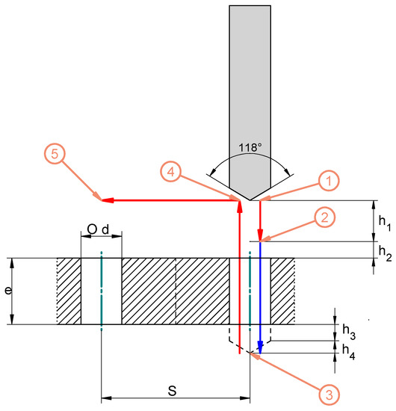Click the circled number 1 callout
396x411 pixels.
pyautogui.click(x=329, y=181)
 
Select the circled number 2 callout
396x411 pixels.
pyautogui.click(x=325, y=217)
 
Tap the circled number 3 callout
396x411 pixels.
pyautogui.click(x=330, y=395)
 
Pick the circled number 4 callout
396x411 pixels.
pyautogui.click(x=171, y=172)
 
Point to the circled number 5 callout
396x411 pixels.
pyautogui.click(x=55, y=154)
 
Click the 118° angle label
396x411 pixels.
pyautogui.click(x=250, y=147)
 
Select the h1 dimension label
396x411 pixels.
pyautogui.click(x=385, y=223)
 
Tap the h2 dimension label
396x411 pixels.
pyautogui.click(x=386, y=253)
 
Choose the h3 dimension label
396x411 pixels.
pyautogui.click(x=349, y=331)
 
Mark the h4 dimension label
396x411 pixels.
pyautogui.click(x=349, y=352)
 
